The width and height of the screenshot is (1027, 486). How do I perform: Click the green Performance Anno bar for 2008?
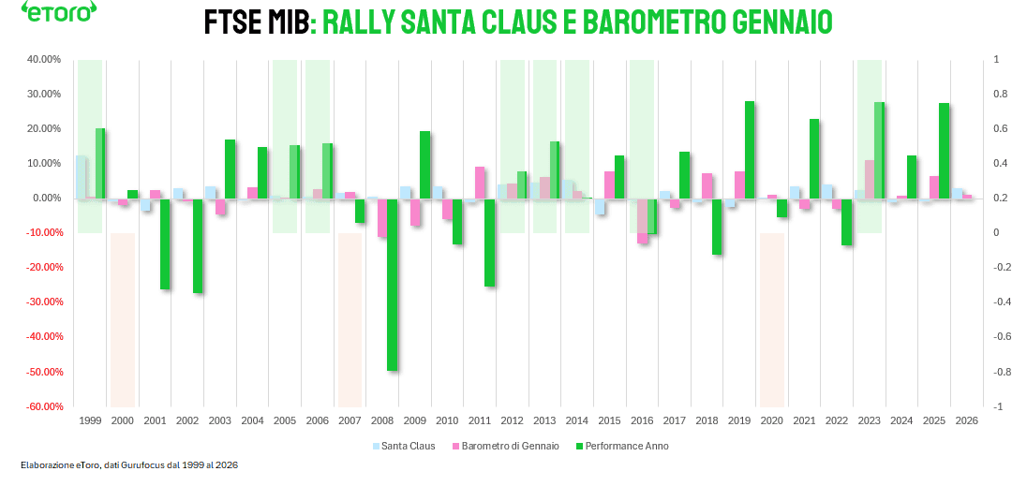pos(393,284)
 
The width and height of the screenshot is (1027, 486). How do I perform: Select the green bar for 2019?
pos(750,150)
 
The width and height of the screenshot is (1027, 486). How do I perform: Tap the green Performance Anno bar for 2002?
pos(198,245)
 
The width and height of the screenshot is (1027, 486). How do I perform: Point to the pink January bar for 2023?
pos(870,179)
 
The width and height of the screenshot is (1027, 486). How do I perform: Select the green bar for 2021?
pos(814,158)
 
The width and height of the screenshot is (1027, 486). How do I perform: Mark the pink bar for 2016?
pos(642,221)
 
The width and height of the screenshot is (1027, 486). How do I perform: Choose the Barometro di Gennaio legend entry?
pos(505,446)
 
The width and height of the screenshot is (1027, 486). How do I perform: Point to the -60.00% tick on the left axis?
pos(41,406)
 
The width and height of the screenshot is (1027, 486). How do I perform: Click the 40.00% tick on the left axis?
pos(43,59)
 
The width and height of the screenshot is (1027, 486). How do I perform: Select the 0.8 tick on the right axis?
pos(999,94)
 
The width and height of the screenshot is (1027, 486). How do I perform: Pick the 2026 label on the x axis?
pos(966,421)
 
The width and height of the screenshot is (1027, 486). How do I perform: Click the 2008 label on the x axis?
pos(382,421)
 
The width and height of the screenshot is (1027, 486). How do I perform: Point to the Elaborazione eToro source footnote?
pos(127,465)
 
